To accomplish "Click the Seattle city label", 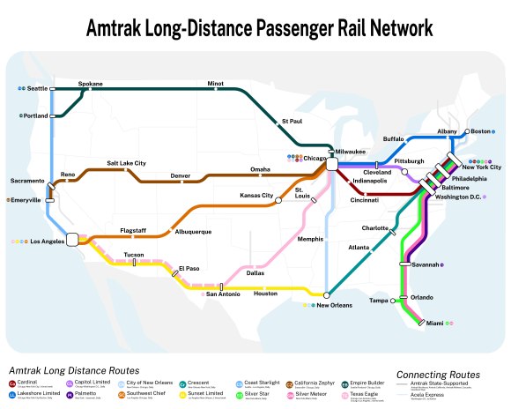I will [x=37, y=89].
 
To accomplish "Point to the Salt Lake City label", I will [x=126, y=163].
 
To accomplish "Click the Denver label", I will [x=180, y=175].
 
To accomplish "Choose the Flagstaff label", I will [x=133, y=231].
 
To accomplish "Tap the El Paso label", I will [x=189, y=267].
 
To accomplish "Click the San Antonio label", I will [x=223, y=293].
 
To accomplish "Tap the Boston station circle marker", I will [x=468, y=131].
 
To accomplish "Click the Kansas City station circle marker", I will [x=278, y=201].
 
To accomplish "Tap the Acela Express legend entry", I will [x=429, y=395].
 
